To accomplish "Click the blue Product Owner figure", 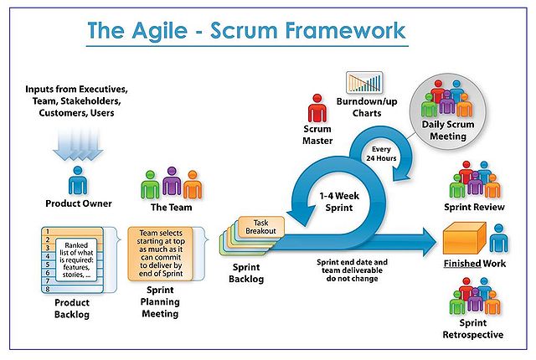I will (x=78, y=180).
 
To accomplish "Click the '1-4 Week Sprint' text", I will (x=341, y=201).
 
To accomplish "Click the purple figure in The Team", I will (x=173, y=182).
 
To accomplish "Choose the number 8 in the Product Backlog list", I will (x=49, y=289).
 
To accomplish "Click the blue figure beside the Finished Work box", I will (x=498, y=239).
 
